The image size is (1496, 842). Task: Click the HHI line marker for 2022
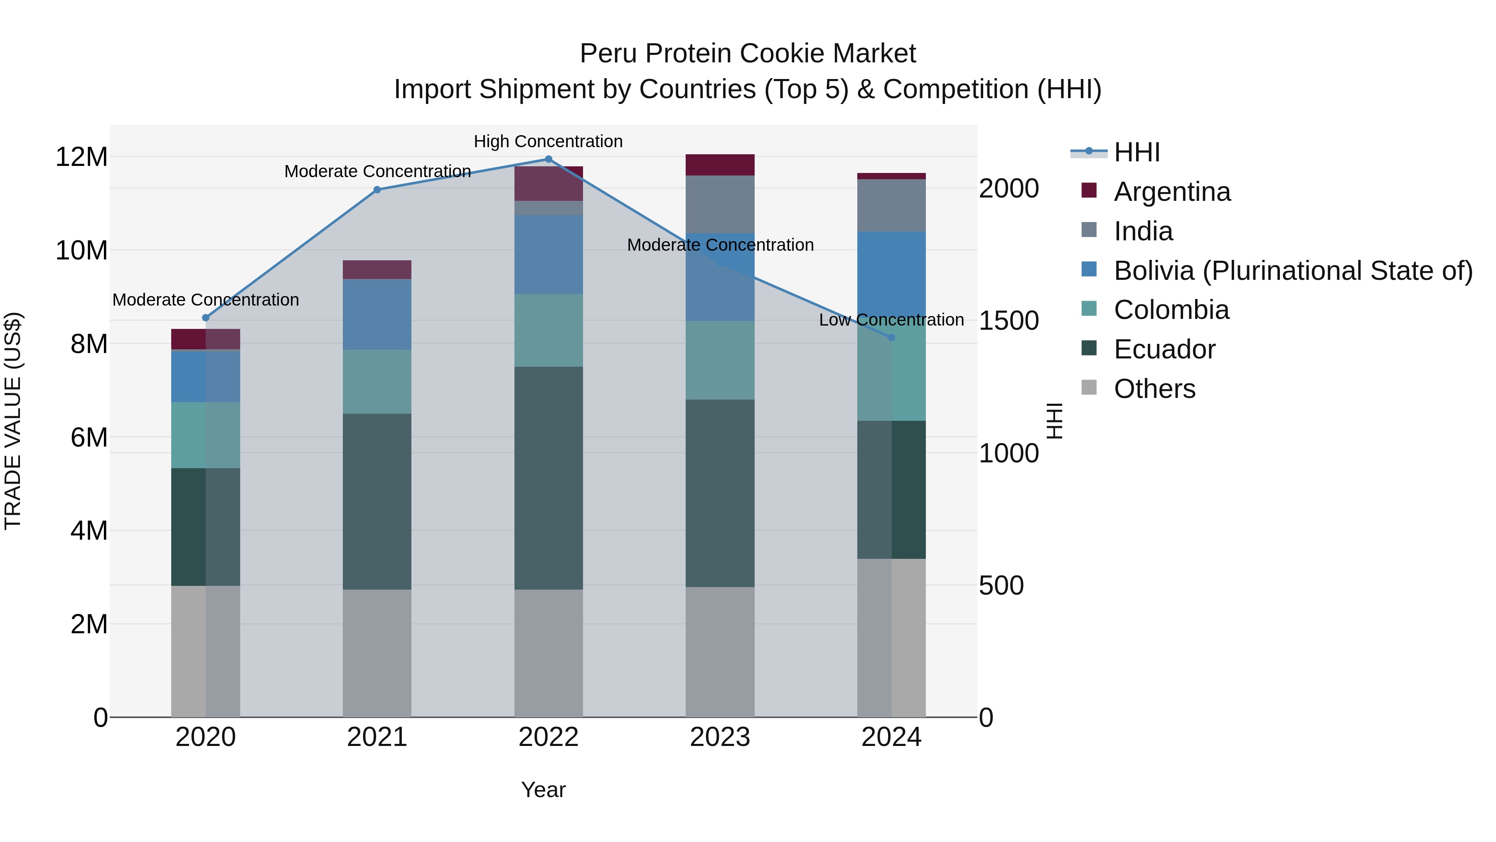click(548, 159)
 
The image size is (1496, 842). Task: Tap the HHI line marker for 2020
click(206, 318)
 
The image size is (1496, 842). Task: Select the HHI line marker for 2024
click(891, 338)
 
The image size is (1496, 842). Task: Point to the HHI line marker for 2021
click(377, 190)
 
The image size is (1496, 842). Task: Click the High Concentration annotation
click(548, 142)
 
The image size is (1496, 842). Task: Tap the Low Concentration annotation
click(891, 320)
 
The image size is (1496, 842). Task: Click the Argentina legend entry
click(1171, 192)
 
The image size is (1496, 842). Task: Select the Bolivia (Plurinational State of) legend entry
click(1293, 271)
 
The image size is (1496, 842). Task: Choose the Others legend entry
click(1154, 389)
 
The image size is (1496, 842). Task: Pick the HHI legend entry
click(1137, 152)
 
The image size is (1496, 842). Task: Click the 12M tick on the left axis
click(81, 157)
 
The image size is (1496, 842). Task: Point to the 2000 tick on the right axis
click(1009, 189)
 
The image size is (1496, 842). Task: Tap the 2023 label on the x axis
click(720, 737)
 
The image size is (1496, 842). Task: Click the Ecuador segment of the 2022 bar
click(548, 478)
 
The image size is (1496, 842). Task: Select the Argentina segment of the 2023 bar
click(720, 165)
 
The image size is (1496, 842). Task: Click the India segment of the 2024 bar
click(891, 206)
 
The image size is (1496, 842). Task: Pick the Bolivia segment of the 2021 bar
click(377, 314)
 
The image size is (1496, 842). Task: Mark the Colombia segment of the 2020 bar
click(206, 435)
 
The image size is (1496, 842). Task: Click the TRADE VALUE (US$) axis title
click(13, 421)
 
